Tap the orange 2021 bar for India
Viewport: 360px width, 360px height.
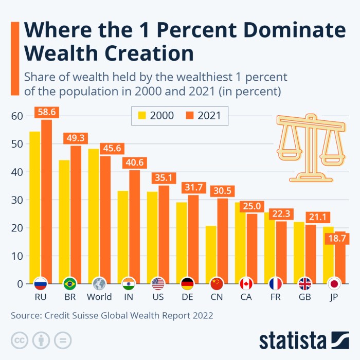coord(134,226)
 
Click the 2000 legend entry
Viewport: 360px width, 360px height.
coord(153,115)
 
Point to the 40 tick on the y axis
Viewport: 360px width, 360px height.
coord(16,172)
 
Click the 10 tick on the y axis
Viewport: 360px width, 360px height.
coord(16,256)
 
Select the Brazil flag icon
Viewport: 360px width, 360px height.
coord(70,284)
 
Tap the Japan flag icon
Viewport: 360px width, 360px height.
coord(334,284)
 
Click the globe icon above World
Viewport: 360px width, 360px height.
coord(99,284)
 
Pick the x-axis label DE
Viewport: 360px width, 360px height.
coord(187,297)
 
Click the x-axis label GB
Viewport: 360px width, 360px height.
coord(305,297)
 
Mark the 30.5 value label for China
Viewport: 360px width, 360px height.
coord(223,190)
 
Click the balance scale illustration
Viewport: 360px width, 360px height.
coord(311,147)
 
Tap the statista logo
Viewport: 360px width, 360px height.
coord(304,340)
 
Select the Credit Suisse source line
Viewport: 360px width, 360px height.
coord(111,315)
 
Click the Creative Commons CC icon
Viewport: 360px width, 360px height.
coord(20,340)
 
